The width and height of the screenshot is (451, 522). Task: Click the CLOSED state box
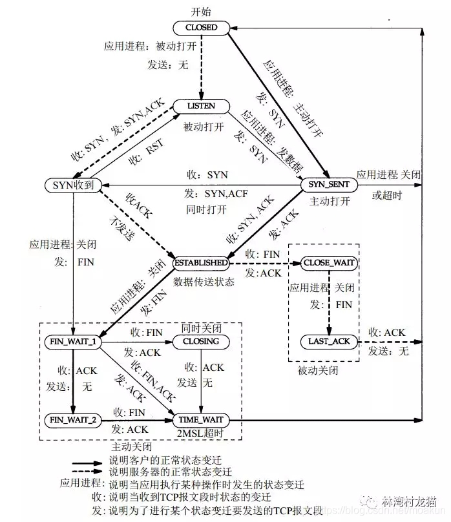[x=202, y=28]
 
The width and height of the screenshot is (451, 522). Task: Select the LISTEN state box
[x=202, y=105]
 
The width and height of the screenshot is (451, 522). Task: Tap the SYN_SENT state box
[x=329, y=185]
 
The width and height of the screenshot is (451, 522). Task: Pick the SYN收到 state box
[x=74, y=185]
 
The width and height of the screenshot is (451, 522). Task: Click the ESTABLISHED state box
[x=201, y=263]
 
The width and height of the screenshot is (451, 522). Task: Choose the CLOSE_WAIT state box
[x=330, y=263]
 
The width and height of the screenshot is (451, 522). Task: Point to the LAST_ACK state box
[x=329, y=341]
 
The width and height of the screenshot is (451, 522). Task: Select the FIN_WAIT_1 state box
[x=73, y=341]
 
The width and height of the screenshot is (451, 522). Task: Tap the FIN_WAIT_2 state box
[x=73, y=420]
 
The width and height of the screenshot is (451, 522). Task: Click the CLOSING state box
[x=201, y=341]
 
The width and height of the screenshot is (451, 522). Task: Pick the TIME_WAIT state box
[x=201, y=420]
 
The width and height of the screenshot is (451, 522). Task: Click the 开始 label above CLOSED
[x=202, y=12]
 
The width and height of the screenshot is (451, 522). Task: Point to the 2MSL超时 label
[x=201, y=433]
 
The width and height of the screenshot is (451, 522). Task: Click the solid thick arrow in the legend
[x=87, y=463]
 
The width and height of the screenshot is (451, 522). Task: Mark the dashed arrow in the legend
[x=87, y=473]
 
